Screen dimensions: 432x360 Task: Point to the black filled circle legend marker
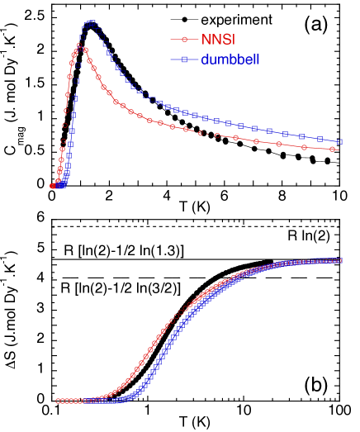182,17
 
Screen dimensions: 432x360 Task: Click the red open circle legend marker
182,38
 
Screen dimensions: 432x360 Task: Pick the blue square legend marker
182,59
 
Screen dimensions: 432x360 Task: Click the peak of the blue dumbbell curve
92,23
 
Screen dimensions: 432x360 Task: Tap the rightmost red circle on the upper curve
334,150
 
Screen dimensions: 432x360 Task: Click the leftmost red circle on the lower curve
58,401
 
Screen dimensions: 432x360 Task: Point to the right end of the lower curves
339,260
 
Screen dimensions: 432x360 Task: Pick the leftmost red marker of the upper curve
53,187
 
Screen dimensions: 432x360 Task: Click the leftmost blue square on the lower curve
87,401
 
